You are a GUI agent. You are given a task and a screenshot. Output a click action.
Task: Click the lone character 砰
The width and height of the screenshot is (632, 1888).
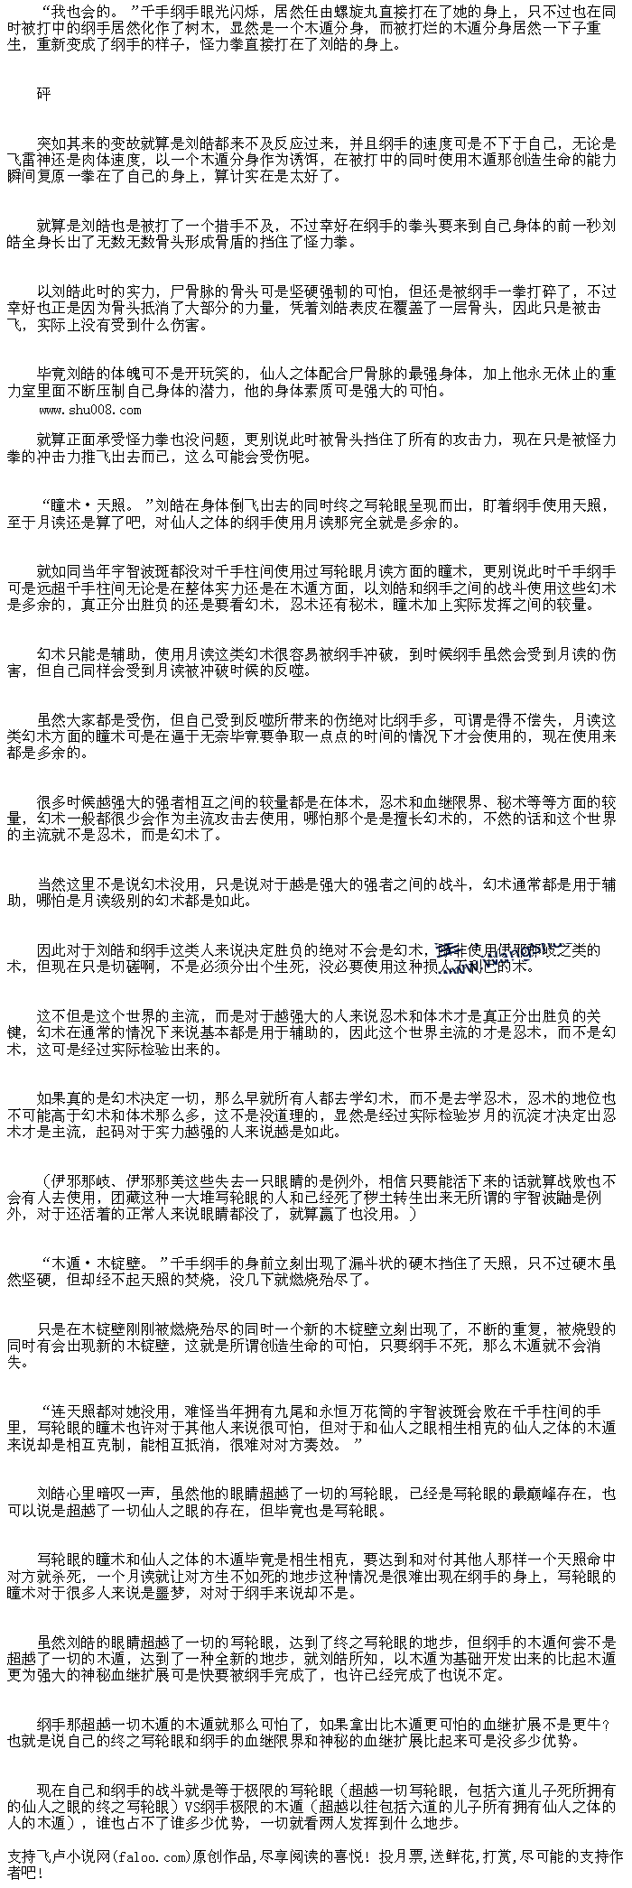click(44, 93)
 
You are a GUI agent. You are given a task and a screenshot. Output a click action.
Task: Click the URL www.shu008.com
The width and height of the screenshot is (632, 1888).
click(89, 410)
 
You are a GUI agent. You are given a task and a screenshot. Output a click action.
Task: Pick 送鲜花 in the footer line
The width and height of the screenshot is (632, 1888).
click(460, 1856)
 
